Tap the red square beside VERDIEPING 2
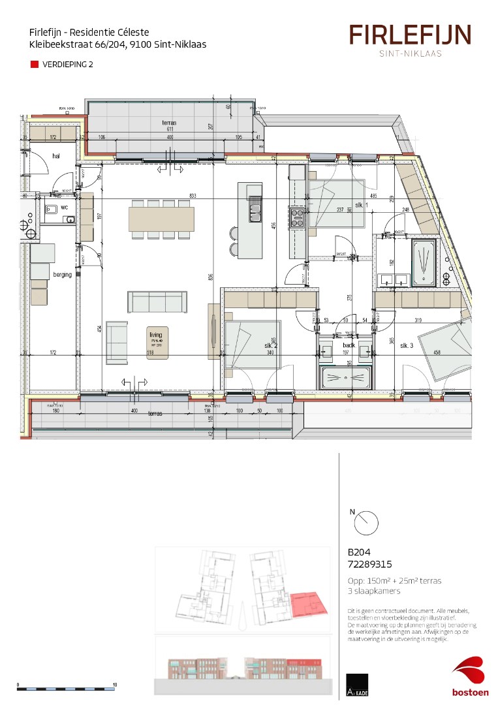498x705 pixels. (x=35, y=65)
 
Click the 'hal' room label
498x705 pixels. (x=56, y=156)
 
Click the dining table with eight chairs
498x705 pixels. (x=161, y=218)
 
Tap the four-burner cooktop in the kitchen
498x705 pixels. (x=297, y=217)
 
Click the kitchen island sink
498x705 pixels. (x=255, y=210)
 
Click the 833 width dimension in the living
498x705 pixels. (x=192, y=196)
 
